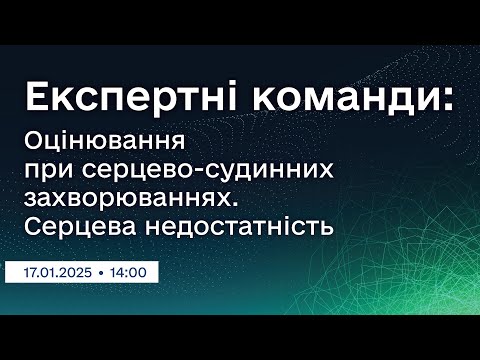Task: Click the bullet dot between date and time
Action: pyautogui.click(x=103, y=270)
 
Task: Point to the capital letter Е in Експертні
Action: pyautogui.click(x=35, y=96)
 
